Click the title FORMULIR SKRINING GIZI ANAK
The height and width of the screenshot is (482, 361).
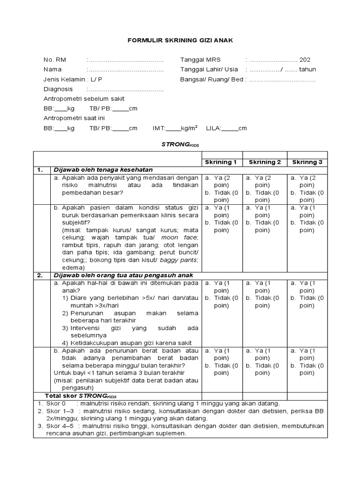(180, 41)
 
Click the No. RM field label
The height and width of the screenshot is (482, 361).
(55, 60)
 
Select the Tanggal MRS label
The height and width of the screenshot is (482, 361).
(200, 60)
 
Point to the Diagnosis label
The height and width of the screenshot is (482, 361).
(58, 89)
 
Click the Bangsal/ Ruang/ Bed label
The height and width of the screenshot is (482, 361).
(212, 79)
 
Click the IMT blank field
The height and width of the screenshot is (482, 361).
(173, 128)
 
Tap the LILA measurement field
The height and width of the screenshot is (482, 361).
(229, 128)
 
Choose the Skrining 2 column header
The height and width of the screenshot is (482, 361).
(265, 162)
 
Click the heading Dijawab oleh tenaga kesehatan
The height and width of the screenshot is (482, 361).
(103, 170)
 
